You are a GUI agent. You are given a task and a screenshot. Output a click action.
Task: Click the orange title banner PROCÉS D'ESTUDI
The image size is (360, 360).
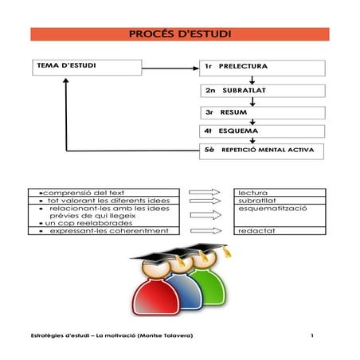pyautogui.click(x=179, y=34)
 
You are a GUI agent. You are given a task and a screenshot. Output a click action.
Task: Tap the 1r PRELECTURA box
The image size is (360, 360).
pyautogui.click(x=252, y=66)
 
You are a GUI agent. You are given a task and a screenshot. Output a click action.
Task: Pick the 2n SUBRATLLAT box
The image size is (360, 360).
pyautogui.click(x=263, y=90)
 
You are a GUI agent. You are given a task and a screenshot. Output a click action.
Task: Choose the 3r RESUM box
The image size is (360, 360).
pyautogui.click(x=263, y=112)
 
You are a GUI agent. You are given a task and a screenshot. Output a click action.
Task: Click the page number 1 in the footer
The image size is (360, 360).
pyautogui.click(x=314, y=335)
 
